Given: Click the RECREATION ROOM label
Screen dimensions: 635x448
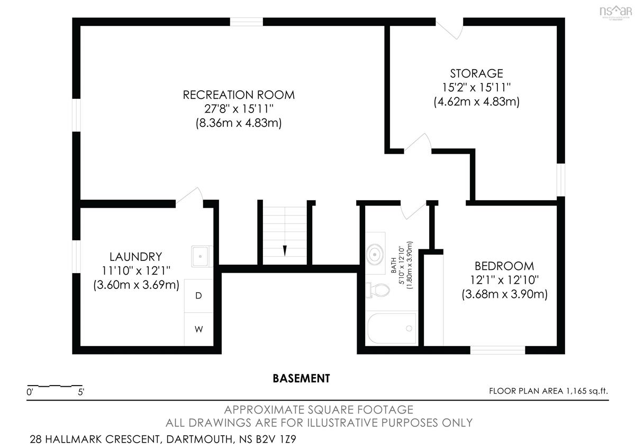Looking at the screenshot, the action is [x=239, y=95].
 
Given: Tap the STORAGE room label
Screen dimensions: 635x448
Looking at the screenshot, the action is [x=477, y=73].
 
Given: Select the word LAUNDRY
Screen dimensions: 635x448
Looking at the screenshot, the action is [x=136, y=257].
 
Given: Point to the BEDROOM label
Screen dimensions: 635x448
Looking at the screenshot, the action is [x=504, y=266].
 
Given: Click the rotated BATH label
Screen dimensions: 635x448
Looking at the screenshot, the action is [x=394, y=265].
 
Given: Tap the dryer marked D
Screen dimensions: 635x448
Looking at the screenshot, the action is [x=198, y=296].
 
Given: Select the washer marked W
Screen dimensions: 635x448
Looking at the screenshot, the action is [x=198, y=329].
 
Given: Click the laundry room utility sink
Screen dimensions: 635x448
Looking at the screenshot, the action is [x=201, y=256].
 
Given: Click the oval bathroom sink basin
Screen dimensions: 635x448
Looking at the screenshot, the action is [x=375, y=255].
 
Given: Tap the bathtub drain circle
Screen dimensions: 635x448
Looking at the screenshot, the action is [x=409, y=328].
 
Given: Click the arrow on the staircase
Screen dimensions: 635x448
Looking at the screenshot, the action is [x=285, y=250].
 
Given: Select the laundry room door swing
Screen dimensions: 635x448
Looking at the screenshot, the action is [x=189, y=195].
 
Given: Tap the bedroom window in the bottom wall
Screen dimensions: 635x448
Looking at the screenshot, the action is [x=497, y=350].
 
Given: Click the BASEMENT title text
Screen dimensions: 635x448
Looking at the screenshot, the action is [x=301, y=378].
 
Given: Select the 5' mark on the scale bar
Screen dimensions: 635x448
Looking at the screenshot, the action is [x=81, y=392].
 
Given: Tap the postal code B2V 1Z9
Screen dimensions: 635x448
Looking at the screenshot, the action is [x=276, y=439].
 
